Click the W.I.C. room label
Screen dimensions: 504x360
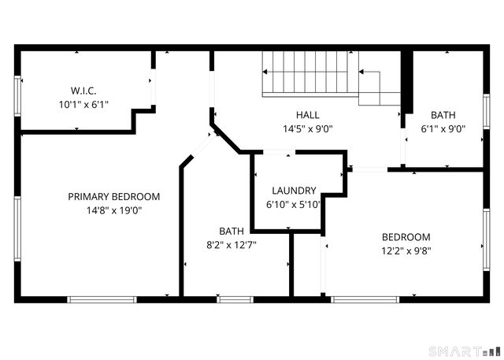[83, 91]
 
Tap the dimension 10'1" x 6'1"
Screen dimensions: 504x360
[83, 105]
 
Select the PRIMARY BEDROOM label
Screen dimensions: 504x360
[114, 196]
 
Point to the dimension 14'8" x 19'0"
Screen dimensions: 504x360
[114, 210]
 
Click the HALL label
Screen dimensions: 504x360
[308, 115]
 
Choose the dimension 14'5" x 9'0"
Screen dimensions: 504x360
[308, 129]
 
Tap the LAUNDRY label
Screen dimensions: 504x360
[294, 191]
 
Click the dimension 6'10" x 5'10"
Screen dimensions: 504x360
[293, 205]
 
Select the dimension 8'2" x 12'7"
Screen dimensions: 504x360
[232, 245]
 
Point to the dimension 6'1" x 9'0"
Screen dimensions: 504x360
[443, 129]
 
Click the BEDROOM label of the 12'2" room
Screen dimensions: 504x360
[406, 237]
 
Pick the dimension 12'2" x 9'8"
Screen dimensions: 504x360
[406, 251]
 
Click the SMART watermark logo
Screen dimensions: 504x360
[463, 351]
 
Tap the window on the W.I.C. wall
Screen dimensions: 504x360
[17, 96]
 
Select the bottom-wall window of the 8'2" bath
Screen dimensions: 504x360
[235, 299]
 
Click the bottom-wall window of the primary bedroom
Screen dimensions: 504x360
[102, 299]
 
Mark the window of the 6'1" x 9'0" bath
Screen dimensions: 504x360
[487, 111]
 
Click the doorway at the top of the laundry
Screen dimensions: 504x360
[280, 152]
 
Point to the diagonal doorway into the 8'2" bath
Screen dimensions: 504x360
[203, 147]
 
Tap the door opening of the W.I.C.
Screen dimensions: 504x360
[154, 87]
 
